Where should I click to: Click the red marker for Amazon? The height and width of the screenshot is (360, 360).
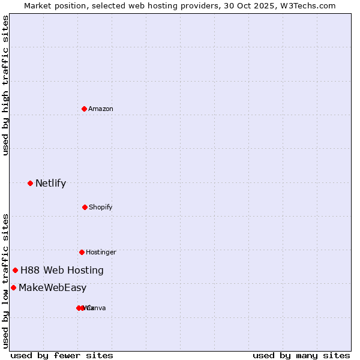tap(84, 109)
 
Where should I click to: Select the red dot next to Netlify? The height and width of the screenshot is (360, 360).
tap(30, 183)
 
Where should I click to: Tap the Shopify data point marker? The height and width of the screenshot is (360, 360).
tap(85, 207)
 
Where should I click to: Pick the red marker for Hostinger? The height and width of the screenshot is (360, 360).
tap(82, 252)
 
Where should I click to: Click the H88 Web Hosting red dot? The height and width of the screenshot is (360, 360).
tap(15, 270)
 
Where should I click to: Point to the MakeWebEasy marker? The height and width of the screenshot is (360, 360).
tap(13, 287)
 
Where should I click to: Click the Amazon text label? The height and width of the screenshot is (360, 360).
tap(101, 109)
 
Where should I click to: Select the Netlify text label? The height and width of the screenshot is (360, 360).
tap(50, 183)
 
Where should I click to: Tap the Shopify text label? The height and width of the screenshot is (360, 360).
tap(101, 207)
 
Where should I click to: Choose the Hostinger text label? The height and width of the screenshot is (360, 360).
tap(101, 252)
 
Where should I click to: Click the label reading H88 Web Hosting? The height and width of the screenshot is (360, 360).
tap(62, 270)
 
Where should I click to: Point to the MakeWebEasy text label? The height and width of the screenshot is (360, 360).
tap(52, 287)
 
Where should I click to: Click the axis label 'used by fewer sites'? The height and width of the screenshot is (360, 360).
tap(62, 355)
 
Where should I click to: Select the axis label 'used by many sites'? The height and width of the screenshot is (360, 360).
tap(301, 355)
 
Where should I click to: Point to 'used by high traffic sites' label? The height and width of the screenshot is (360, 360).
tap(5, 85)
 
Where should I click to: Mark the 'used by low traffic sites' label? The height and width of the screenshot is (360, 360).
tap(5, 281)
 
